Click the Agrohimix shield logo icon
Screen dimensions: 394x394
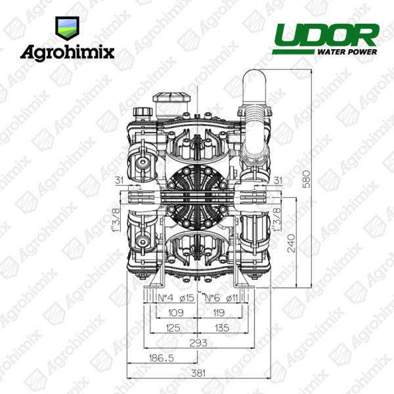[x=67, y=28]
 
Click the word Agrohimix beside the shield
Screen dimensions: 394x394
[x=68, y=53]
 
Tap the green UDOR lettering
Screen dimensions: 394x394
[x=326, y=35]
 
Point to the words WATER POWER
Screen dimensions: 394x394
[x=347, y=52]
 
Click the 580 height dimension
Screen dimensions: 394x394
[x=307, y=179]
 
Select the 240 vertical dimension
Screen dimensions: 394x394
[x=291, y=243]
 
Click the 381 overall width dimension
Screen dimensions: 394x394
[x=198, y=374]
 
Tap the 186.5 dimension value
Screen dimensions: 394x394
[x=161, y=358]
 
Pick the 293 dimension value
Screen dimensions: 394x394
[x=198, y=343]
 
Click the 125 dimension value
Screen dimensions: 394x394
[x=173, y=328]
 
